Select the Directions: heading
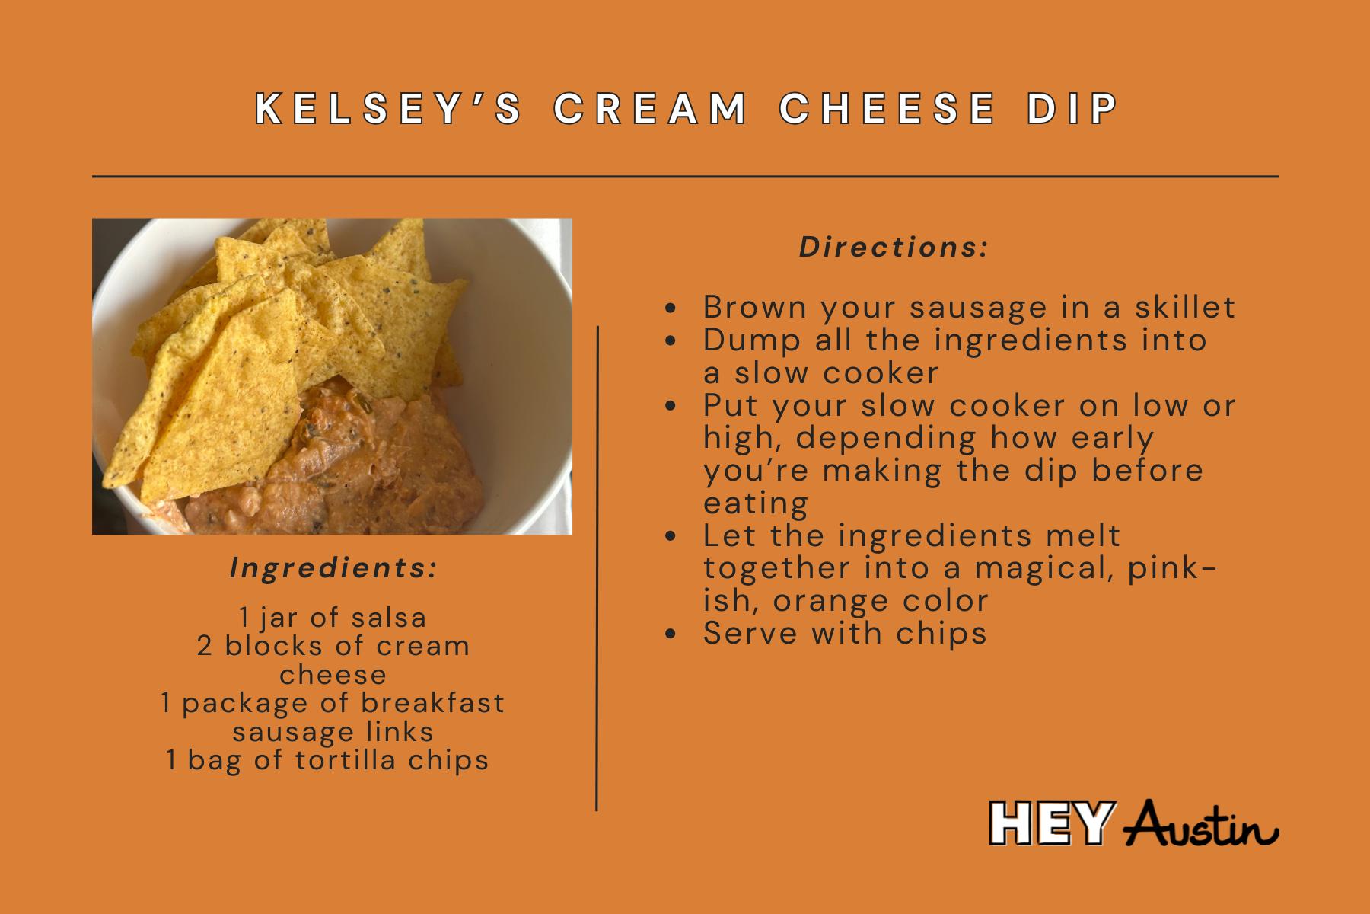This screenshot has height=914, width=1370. pos(894,248)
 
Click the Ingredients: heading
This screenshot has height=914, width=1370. pos(333,568)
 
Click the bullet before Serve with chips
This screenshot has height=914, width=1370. pos(670,634)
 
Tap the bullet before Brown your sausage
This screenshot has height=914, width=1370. pos(670,308)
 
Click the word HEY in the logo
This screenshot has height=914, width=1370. pos(1050,823)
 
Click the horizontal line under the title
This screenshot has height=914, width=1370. pos(685,176)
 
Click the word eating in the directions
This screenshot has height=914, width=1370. pos(755,503)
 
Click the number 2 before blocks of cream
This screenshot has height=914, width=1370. pos(204,646)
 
